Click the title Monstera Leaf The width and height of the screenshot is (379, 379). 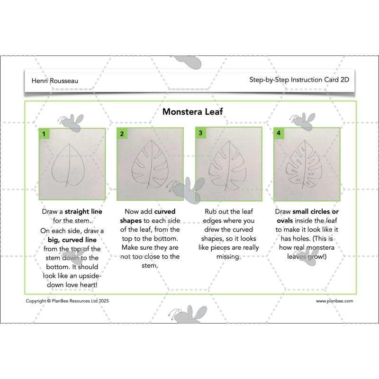click(x=193, y=112)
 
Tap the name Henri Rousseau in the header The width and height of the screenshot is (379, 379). click(x=55, y=81)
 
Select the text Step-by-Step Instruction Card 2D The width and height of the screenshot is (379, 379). click(x=299, y=80)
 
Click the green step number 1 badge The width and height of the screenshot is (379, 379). click(x=44, y=134)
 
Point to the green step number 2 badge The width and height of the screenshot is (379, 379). click(x=122, y=134)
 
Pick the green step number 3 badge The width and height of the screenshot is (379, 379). click(x=200, y=133)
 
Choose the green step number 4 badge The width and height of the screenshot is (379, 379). click(x=279, y=133)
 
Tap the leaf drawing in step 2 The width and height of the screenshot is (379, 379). click(x=150, y=164)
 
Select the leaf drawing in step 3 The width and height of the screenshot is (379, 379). click(x=227, y=166)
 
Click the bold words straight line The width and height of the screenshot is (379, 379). click(x=83, y=211)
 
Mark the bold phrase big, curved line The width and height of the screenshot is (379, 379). click(x=72, y=240)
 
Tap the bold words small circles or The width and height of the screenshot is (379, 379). click(x=316, y=211)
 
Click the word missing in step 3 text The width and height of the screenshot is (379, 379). click(x=228, y=256)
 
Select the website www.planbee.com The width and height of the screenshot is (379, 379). click(x=334, y=301)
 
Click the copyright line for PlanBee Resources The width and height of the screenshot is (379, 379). click(x=67, y=301)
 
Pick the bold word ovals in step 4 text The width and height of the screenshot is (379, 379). click(x=285, y=220)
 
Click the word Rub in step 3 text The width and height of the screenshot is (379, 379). click(x=210, y=211)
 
